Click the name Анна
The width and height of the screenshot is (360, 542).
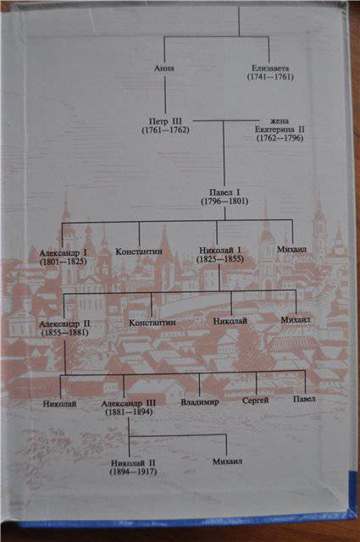coord(164,68)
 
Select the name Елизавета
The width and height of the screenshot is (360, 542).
coord(270,69)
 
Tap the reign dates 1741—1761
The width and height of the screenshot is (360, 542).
coord(270,77)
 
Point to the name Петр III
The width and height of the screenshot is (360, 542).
coord(165,122)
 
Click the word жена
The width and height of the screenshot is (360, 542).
coord(279,121)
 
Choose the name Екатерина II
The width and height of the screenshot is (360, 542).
coord(280,130)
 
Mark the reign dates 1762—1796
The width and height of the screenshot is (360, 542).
coord(280,138)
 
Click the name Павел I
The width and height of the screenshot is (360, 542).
coord(224,192)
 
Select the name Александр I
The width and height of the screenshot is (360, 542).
coord(63,253)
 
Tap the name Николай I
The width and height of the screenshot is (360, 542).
coord(220,251)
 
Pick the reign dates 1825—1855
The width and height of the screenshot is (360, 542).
coord(220,259)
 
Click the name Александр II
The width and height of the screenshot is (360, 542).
coord(64,324)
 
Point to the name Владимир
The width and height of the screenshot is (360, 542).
coord(200,402)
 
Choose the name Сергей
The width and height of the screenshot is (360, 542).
coord(255,401)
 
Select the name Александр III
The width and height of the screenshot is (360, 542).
coord(129,403)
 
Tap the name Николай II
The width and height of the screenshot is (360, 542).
coord(133,463)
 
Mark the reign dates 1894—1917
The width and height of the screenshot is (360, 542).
coord(133,472)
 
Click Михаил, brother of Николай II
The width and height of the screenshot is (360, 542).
coord(227,462)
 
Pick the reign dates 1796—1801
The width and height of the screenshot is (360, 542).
coord(224,202)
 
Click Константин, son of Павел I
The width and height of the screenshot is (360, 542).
coord(139,252)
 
